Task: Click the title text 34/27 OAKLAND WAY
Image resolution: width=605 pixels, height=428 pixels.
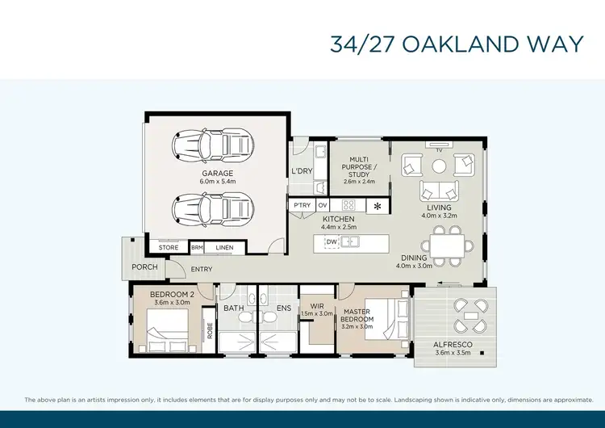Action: tap(456, 44)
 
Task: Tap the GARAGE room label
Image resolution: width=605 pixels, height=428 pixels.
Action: tap(217, 173)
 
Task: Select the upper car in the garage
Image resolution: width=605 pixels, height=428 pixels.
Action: tap(213, 146)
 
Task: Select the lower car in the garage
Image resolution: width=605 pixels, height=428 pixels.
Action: tap(213, 209)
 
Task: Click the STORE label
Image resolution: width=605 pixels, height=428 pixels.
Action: tap(169, 248)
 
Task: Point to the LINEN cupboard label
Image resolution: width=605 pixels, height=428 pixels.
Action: tap(223, 248)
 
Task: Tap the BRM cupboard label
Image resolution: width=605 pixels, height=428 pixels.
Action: tap(196, 248)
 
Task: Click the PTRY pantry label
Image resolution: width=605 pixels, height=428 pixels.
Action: tap(302, 206)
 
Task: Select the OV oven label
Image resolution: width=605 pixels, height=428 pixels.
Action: tap(322, 206)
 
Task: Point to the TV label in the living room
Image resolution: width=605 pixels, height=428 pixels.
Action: tap(439, 150)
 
